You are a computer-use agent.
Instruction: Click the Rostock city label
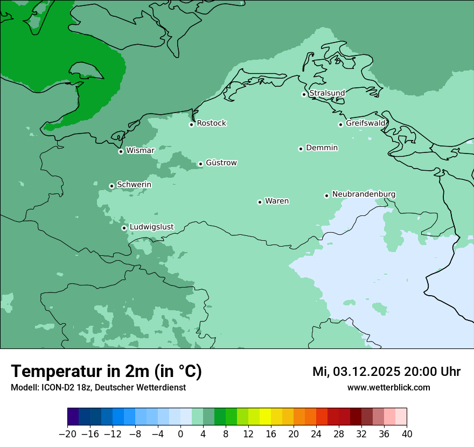(211, 123)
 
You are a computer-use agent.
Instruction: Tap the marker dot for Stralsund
(304, 94)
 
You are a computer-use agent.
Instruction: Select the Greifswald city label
(365, 123)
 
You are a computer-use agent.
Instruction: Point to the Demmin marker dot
(301, 149)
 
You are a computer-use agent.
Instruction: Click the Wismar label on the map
(140, 151)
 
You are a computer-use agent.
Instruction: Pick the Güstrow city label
(221, 163)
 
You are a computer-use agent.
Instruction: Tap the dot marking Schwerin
(111, 186)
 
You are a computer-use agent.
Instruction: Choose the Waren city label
(277, 201)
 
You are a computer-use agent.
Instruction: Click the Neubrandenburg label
(364, 194)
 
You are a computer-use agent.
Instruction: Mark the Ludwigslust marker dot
(124, 228)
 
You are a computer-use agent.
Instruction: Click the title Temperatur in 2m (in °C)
(106, 371)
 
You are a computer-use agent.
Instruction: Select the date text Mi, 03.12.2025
(356, 372)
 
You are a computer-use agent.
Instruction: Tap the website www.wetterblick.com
(388, 387)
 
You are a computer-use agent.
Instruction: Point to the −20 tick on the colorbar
(67, 434)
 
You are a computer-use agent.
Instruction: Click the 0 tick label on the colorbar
(180, 434)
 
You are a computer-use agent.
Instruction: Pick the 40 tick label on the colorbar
(407, 434)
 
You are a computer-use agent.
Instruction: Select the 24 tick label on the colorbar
(316, 434)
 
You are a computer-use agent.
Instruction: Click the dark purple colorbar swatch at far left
(73, 417)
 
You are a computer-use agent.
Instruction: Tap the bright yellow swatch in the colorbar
(265, 417)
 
